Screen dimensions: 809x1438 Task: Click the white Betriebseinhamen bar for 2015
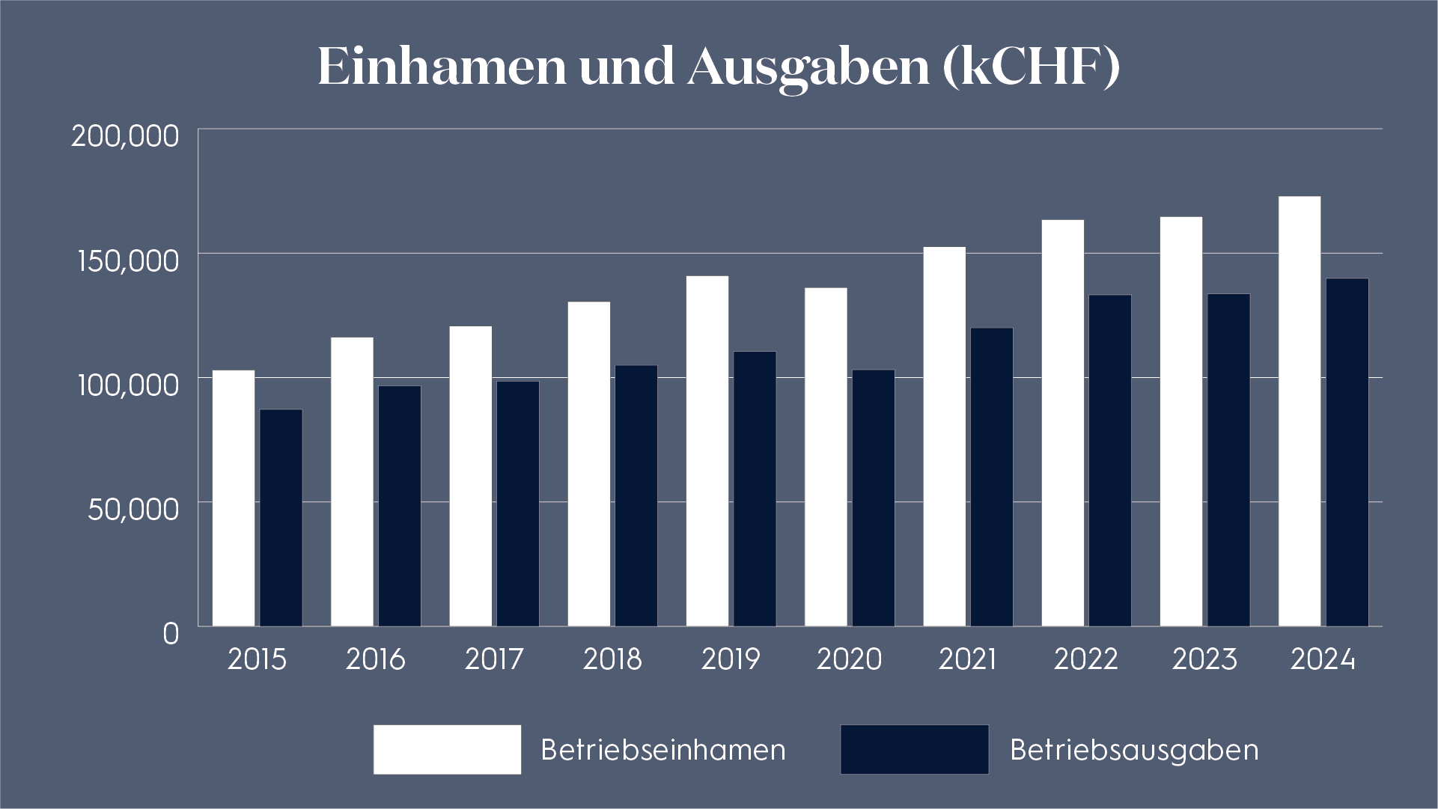pyautogui.click(x=234, y=498)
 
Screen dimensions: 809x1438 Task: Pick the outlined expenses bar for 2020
pyautogui.click(x=874, y=498)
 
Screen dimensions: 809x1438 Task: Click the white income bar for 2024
pyautogui.click(x=1300, y=411)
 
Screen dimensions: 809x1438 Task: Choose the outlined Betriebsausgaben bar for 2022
pyautogui.click(x=1110, y=460)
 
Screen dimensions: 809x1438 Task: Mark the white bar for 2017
pyautogui.click(x=471, y=476)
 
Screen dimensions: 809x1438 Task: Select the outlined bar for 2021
pyautogui.click(x=992, y=477)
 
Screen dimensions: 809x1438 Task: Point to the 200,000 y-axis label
pyautogui.click(x=125, y=136)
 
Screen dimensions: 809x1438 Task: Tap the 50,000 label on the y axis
pyautogui.click(x=133, y=509)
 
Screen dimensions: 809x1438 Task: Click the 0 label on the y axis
pyautogui.click(x=171, y=633)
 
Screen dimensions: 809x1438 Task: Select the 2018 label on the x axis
pyautogui.click(x=612, y=659)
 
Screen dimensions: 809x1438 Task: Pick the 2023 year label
pyautogui.click(x=1204, y=659)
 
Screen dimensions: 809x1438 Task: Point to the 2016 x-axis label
pyautogui.click(x=375, y=659)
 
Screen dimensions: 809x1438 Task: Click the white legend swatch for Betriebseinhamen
pyautogui.click(x=447, y=749)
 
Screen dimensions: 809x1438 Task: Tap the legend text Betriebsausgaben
pyautogui.click(x=1134, y=749)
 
